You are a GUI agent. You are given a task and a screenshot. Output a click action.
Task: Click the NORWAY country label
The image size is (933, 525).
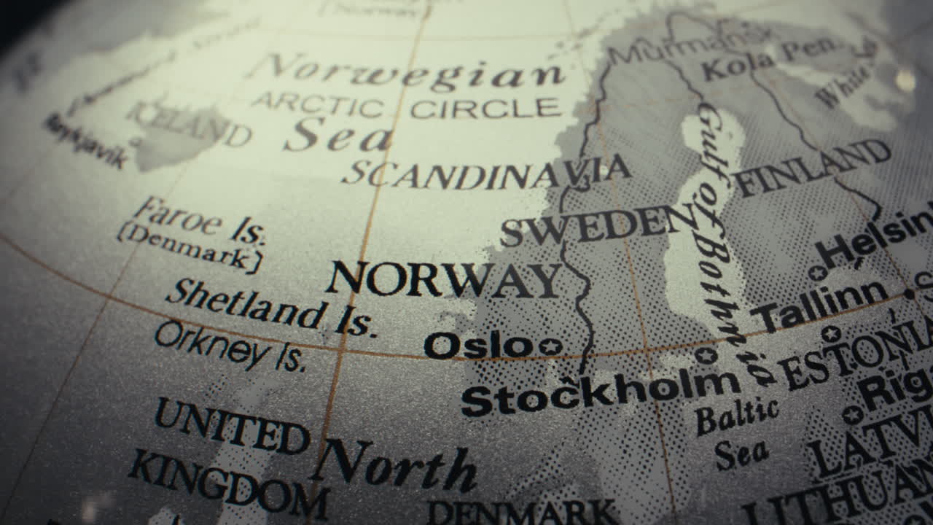coord(443,279)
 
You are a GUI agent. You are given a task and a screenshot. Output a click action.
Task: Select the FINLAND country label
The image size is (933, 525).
coord(813,168)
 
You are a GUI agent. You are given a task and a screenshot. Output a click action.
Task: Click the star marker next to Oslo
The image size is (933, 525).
coord(550,346)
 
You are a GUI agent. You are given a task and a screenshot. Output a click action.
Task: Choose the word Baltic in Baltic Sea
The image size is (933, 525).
coord(736,417)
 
